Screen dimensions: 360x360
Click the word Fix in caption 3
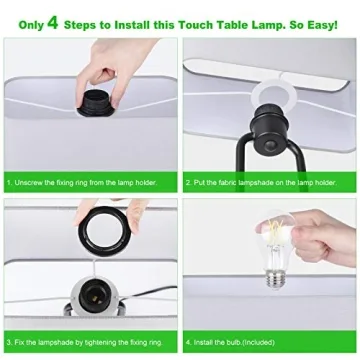coord(22,342)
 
